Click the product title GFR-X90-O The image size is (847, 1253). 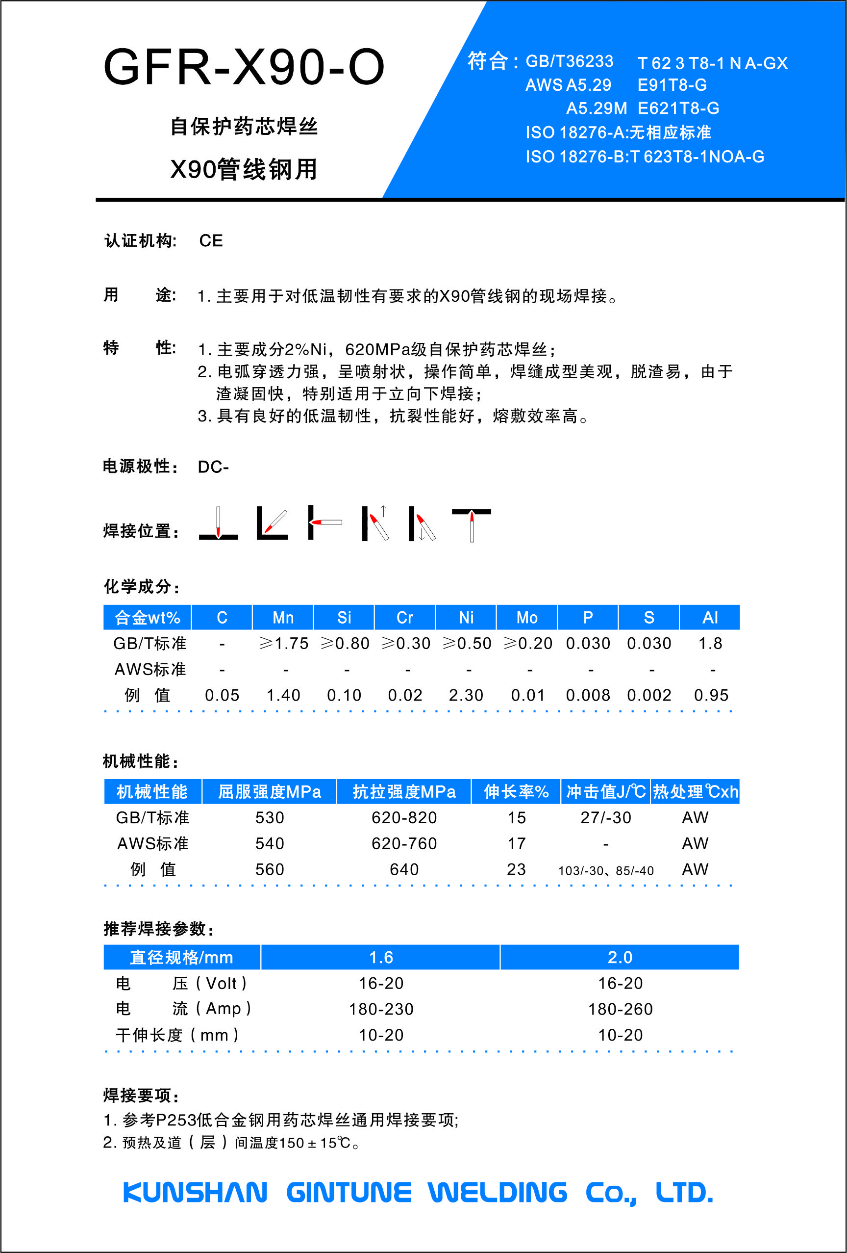[244, 67]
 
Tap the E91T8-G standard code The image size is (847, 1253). [672, 85]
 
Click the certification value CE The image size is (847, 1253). [211, 240]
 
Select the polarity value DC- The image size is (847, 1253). [213, 467]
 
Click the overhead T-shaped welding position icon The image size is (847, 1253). [472, 523]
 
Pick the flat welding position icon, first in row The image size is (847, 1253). [218, 523]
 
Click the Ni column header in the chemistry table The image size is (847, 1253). [466, 617]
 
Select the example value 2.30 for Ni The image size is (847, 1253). [466, 696]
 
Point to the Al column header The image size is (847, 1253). [710, 617]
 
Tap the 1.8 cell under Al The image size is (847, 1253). [710, 643]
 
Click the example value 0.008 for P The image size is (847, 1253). [588, 696]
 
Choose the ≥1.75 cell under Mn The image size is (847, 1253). [283, 643]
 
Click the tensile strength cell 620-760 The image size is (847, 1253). [404, 844]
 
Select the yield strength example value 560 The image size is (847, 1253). [270, 870]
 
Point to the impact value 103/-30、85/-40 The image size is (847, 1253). [606, 871]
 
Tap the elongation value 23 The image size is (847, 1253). [516, 870]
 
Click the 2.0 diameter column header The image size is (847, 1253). [620, 958]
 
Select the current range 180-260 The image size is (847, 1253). [620, 1009]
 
